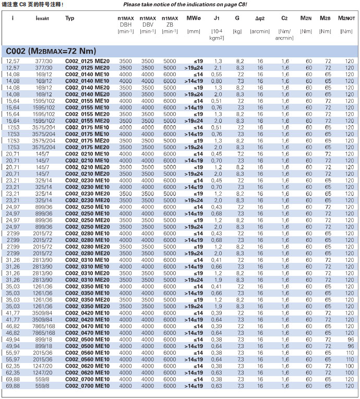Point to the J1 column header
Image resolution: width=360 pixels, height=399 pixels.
[x=216, y=18]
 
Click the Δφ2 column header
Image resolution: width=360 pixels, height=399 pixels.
[x=260, y=18]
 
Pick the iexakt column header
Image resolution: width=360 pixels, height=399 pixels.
[x=43, y=18]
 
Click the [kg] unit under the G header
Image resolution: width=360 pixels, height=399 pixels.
[x=237, y=31]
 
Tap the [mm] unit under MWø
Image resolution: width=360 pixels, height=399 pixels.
[x=194, y=31]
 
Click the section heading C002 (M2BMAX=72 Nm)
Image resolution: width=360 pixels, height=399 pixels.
[x=52, y=51]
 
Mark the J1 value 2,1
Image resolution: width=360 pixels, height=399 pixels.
[x=218, y=68]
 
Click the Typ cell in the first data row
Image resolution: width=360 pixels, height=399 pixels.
[x=87, y=62]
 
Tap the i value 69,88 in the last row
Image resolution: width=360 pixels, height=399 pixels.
[x=13, y=386]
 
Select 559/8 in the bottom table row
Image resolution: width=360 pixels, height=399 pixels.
[x=44, y=386]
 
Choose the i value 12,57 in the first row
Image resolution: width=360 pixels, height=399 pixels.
[x=13, y=62]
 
